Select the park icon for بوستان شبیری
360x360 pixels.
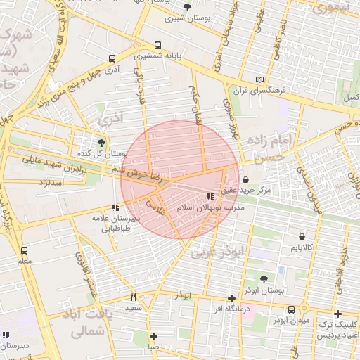[187, 7]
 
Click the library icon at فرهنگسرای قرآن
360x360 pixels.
[262, 79]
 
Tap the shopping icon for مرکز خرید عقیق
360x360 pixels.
[245, 179]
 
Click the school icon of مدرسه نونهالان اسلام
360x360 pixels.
[209, 197]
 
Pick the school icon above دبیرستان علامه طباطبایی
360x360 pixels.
[115, 207]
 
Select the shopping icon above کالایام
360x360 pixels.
[302, 237]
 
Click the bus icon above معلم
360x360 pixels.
[25, 250]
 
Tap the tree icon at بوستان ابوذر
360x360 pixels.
[264, 279]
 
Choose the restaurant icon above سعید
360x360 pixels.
[134, 297]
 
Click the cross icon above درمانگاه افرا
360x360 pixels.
[231, 298]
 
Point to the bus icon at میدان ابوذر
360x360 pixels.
[291, 309]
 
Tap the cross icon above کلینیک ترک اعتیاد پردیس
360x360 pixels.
[338, 314]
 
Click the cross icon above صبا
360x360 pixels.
[153, 336]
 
